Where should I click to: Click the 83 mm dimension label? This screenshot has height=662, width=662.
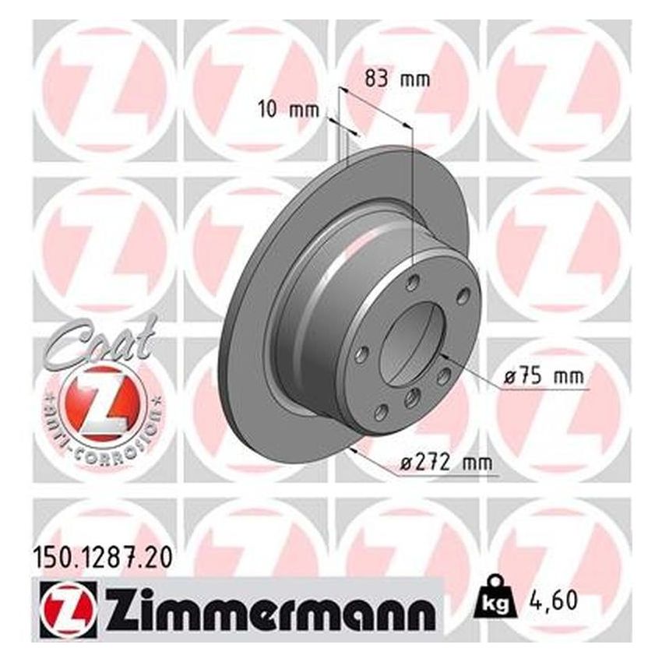click(x=397, y=79)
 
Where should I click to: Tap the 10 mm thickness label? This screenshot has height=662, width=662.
click(x=288, y=110)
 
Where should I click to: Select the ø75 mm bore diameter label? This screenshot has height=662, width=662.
click(x=544, y=376)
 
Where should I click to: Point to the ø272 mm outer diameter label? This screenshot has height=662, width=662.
click(x=446, y=463)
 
